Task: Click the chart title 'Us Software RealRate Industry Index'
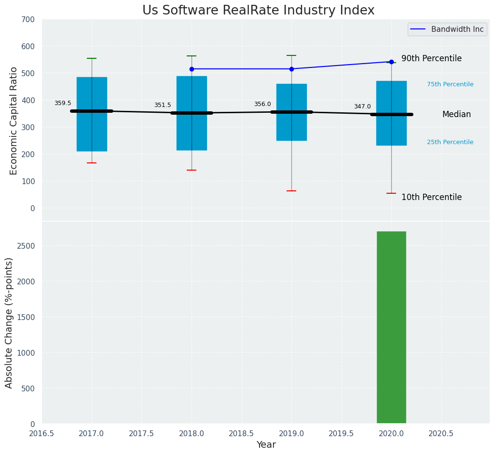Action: point(258,11)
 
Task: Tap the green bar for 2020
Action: point(391,327)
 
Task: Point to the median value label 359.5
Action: point(63,103)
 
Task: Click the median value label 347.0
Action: point(362,107)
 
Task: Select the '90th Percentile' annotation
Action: point(431,58)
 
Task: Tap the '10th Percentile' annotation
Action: point(431,197)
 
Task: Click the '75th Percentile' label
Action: point(450,84)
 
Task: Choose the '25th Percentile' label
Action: point(450,142)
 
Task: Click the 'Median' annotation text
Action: point(456,114)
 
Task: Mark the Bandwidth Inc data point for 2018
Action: point(192,69)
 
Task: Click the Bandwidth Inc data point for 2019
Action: point(291,69)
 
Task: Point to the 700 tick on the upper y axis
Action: point(28,19)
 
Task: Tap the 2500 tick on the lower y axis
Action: point(27,246)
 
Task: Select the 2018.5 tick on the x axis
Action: point(242,433)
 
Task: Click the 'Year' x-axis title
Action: point(266,445)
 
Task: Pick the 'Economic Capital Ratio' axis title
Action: point(14,120)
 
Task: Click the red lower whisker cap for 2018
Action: point(192,170)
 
